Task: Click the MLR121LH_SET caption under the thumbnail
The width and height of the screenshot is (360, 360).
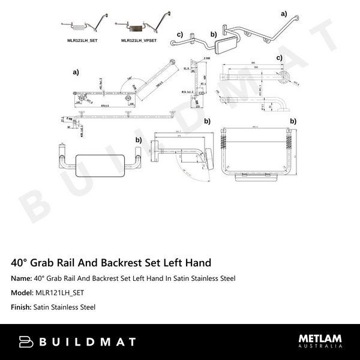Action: click(83, 40)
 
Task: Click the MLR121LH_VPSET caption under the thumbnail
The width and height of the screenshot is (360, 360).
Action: click(139, 40)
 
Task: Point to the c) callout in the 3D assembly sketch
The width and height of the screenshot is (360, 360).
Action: click(179, 34)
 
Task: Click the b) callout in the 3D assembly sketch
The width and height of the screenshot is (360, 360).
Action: click(213, 34)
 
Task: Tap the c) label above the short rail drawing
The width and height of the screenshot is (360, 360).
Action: click(280, 58)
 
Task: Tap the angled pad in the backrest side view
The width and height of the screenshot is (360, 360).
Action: click(207, 158)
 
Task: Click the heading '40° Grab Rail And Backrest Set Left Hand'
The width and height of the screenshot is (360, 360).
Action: click(111, 263)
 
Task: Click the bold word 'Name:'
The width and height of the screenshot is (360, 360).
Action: click(21, 278)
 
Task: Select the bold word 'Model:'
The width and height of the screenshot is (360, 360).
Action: click(22, 293)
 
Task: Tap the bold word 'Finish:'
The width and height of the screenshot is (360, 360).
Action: click(22, 307)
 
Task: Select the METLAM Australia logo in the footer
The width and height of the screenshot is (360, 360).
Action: click(320, 341)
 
